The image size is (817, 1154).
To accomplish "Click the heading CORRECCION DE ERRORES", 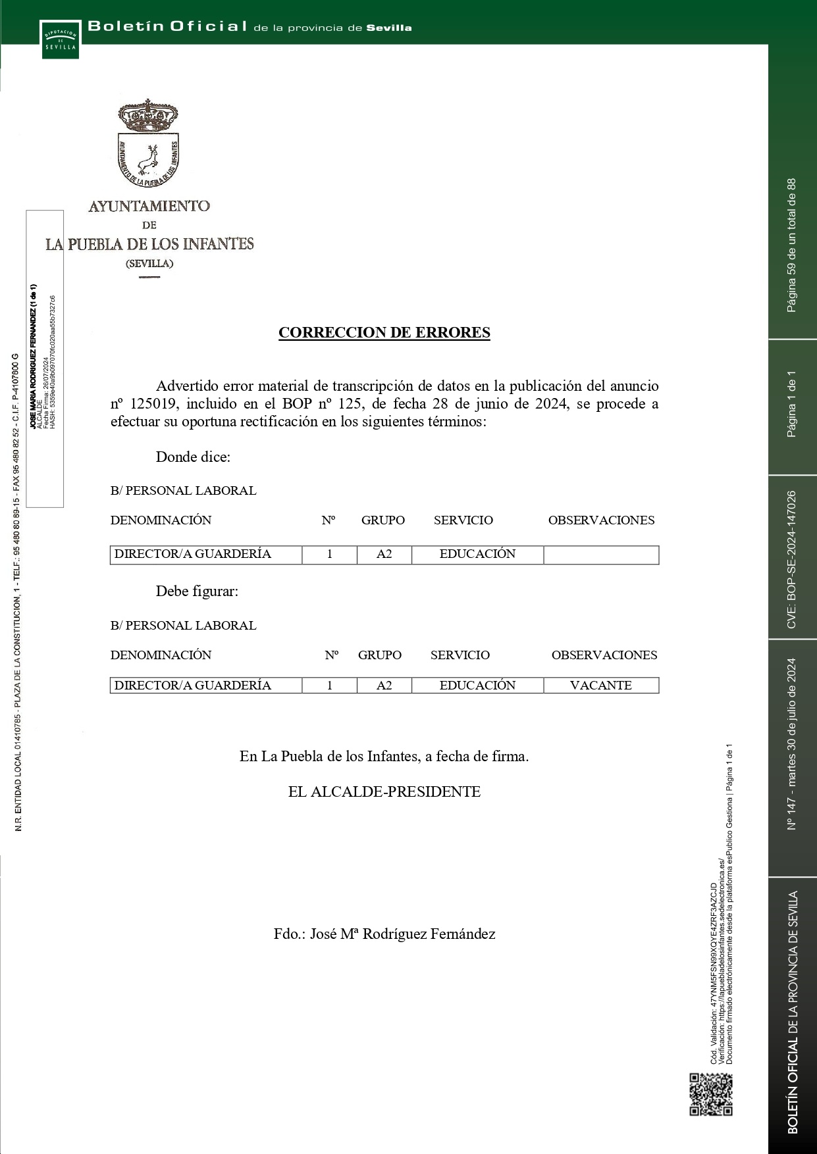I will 384,332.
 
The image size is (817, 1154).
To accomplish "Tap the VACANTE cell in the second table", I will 600,685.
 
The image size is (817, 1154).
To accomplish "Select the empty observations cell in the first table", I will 600,555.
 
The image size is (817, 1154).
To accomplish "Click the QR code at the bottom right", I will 710,1094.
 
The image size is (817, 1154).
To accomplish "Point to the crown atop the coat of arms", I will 147,116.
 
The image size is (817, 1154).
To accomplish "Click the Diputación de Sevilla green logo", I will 61,40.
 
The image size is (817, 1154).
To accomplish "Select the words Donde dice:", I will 193,457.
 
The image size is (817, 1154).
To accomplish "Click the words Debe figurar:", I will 197,591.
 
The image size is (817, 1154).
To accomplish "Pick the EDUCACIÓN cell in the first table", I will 477,554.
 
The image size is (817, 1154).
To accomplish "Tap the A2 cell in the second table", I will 384,685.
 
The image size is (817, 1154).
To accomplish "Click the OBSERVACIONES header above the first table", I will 601,520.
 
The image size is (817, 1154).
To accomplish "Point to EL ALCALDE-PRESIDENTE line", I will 384,791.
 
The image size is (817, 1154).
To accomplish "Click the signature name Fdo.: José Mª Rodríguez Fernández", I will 384,934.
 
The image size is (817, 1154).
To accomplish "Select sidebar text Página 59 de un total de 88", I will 791,245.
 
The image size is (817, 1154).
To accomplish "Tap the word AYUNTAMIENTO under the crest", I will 149,206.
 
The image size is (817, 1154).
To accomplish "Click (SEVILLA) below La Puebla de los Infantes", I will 149,263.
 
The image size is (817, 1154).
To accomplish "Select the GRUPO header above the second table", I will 379,655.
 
